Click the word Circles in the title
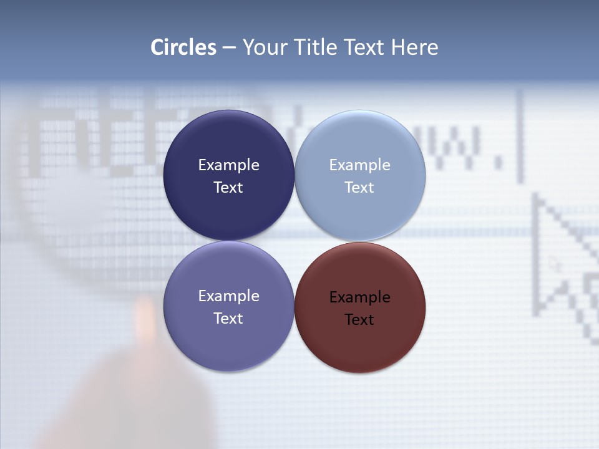(x=183, y=47)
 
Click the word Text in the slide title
(x=366, y=47)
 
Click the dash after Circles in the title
(x=229, y=48)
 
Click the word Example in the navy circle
(x=228, y=165)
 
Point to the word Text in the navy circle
(x=228, y=188)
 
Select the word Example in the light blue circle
(x=359, y=165)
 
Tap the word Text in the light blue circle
(x=359, y=188)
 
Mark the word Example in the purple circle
(x=228, y=296)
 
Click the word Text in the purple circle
(x=228, y=319)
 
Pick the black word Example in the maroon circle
(x=359, y=297)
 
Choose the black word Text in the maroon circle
(x=359, y=320)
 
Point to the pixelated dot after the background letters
(x=498, y=163)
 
